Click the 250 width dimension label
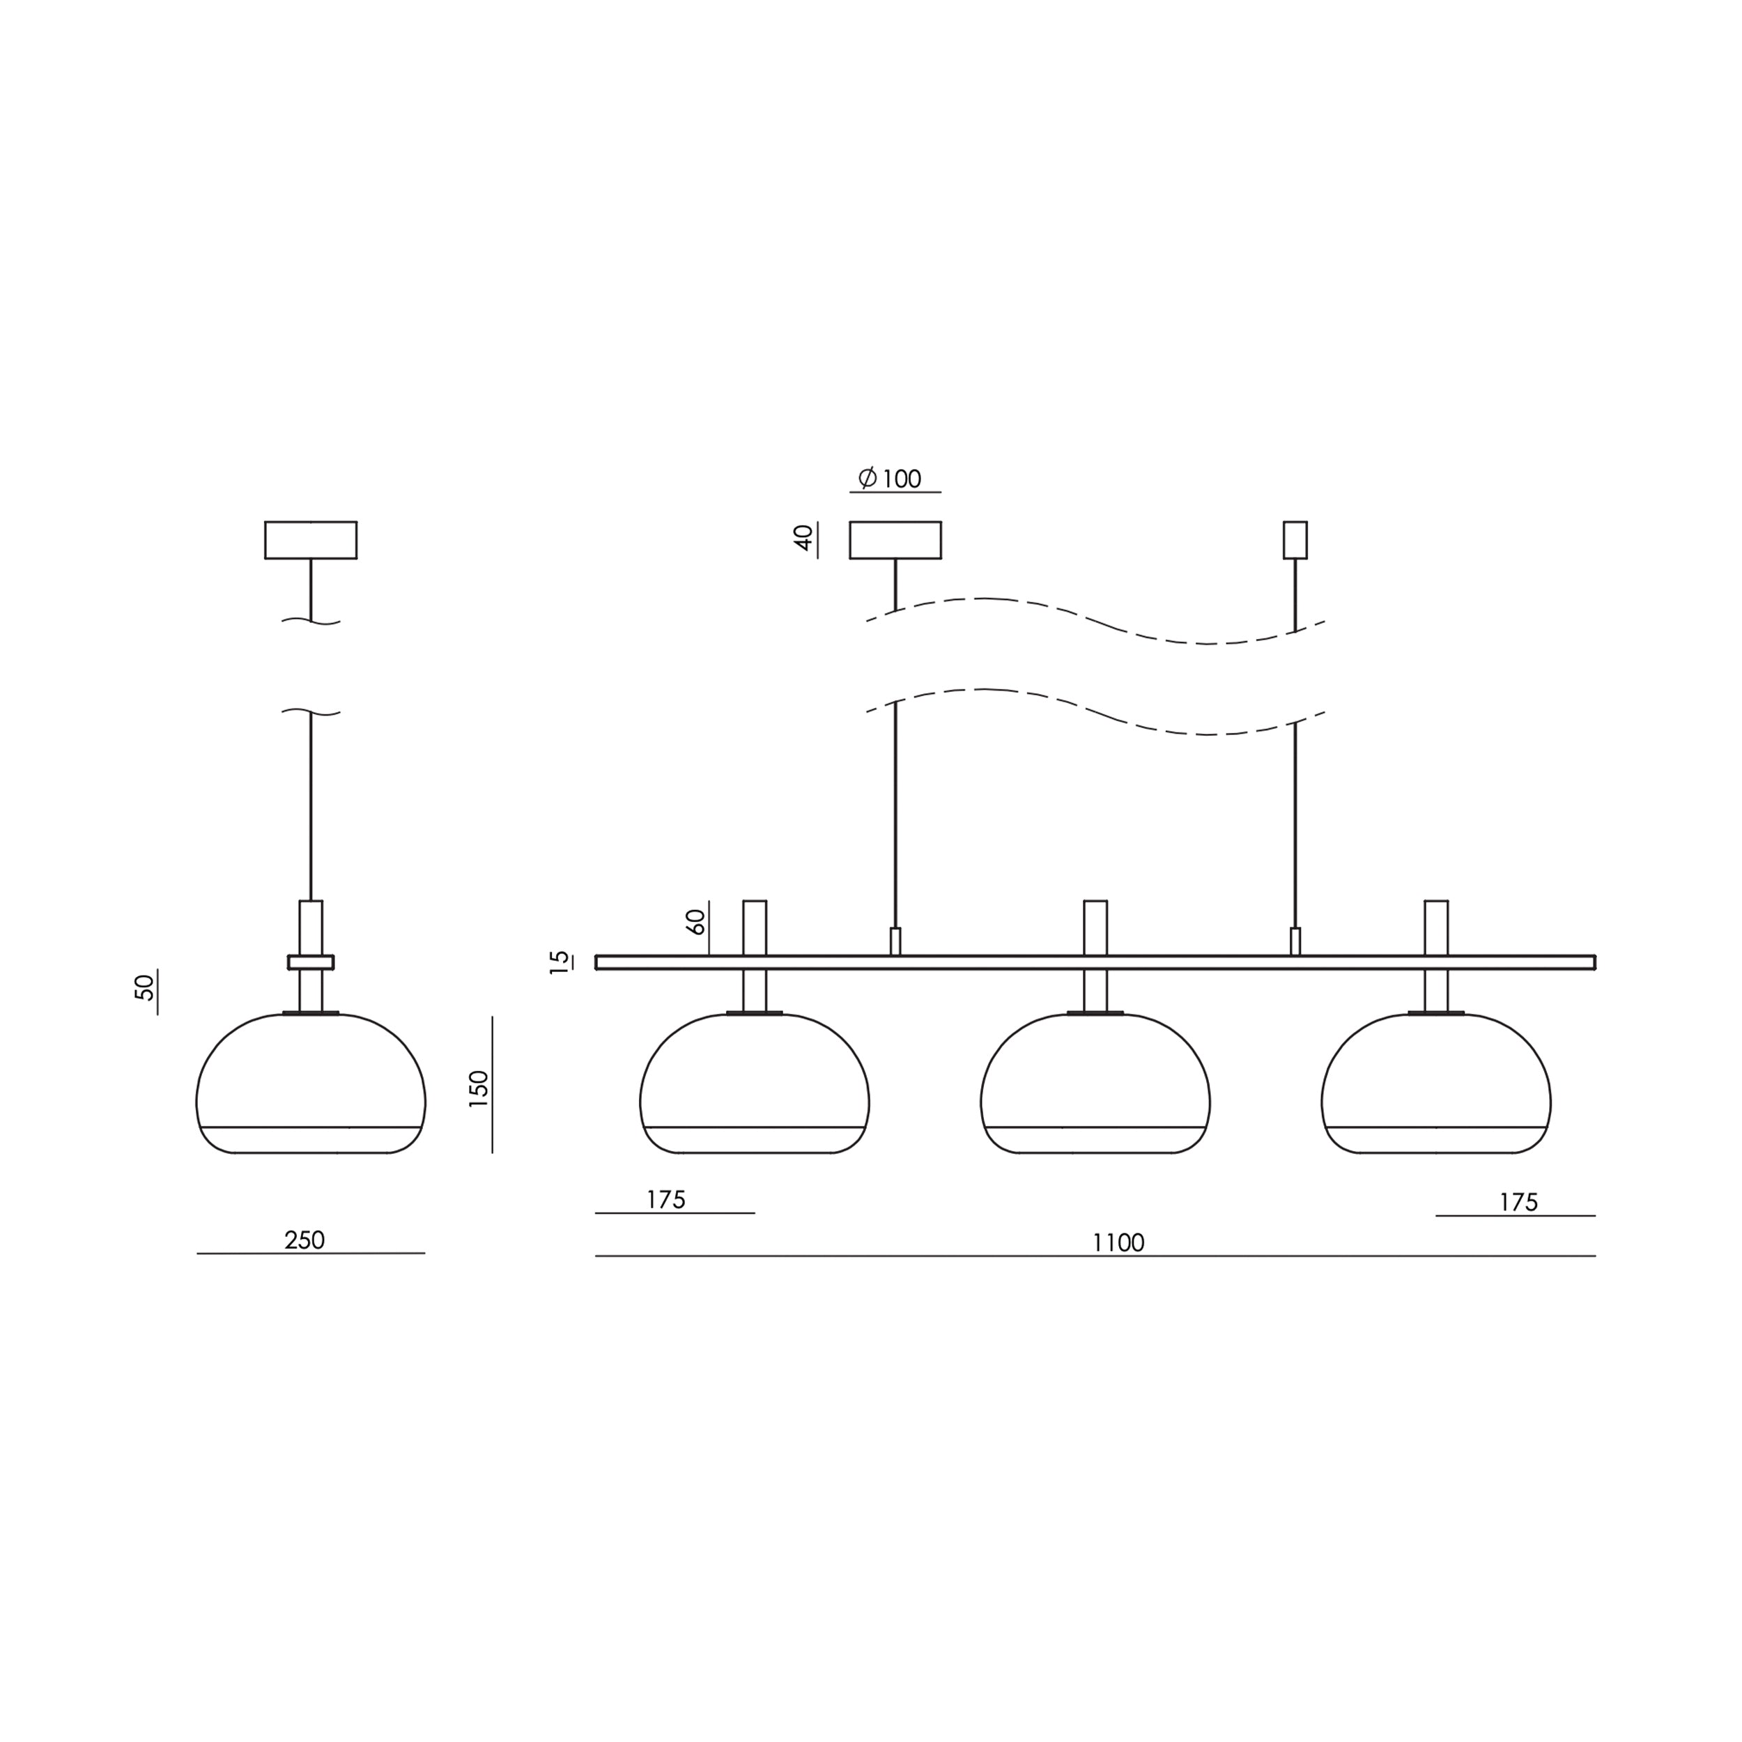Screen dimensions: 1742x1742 [x=305, y=1241]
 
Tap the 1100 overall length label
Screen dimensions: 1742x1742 [x=1118, y=1243]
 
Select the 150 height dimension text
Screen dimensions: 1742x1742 [x=479, y=1089]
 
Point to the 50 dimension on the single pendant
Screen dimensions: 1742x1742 [x=144, y=987]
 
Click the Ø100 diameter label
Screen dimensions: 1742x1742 [x=890, y=478]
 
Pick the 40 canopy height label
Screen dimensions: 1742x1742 [x=803, y=539]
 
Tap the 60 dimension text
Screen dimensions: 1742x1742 [x=695, y=921]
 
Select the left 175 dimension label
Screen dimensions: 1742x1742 [x=666, y=1200]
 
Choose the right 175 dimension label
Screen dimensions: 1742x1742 [x=1518, y=1203]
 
